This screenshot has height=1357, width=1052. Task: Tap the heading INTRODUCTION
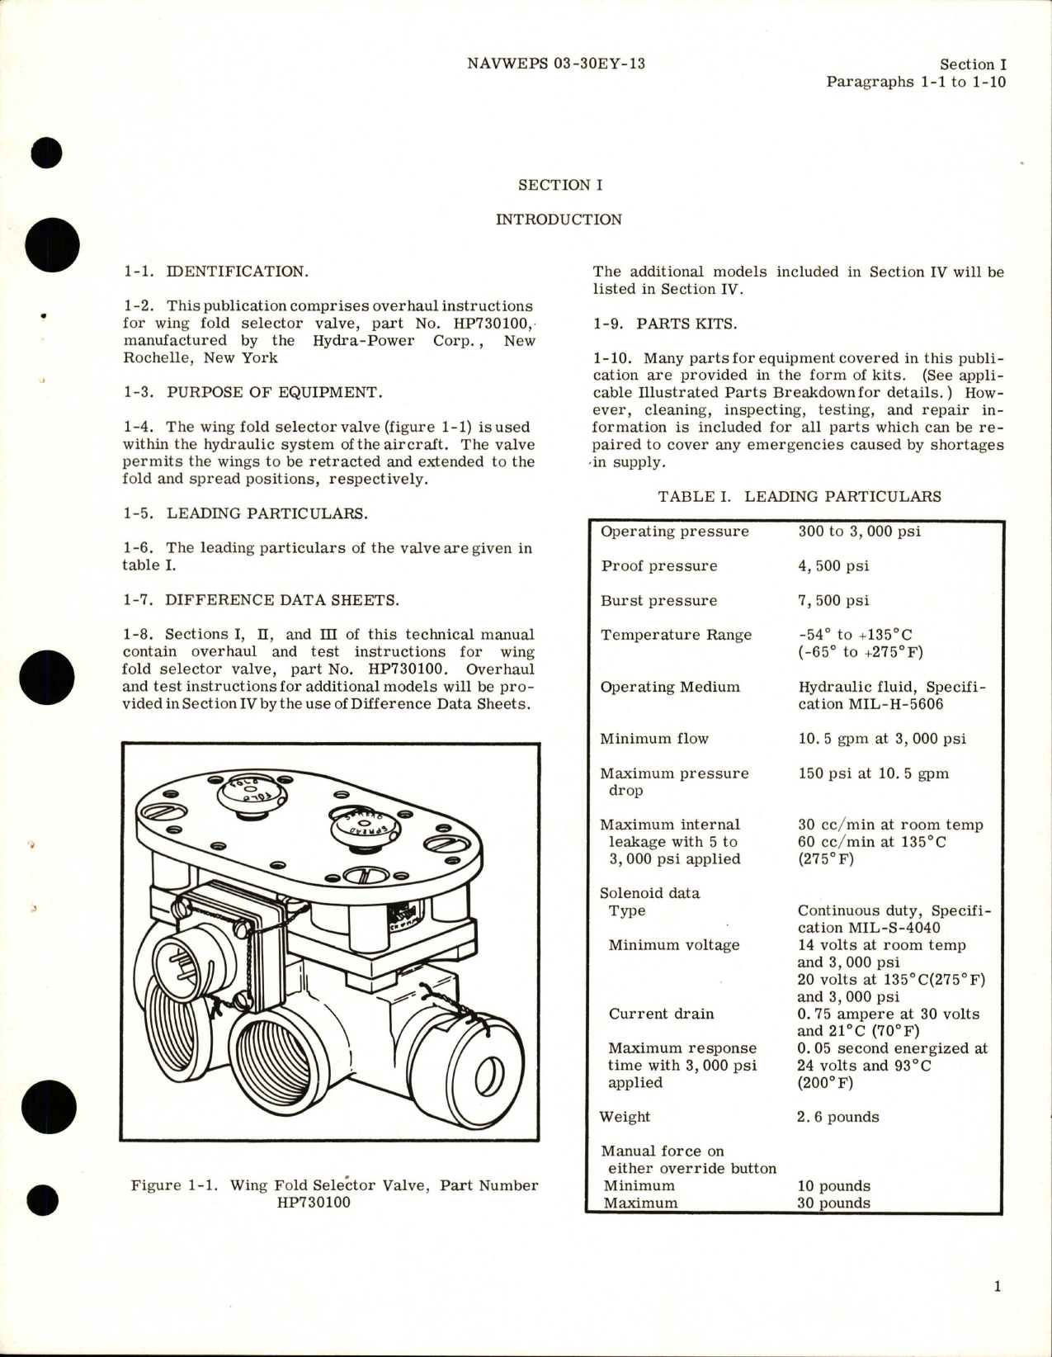tap(559, 220)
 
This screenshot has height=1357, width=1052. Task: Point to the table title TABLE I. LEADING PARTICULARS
tap(799, 496)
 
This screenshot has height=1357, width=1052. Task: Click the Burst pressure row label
tap(658, 601)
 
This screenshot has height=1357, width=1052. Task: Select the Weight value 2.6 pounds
tap(838, 1117)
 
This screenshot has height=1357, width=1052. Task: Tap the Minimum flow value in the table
tap(881, 739)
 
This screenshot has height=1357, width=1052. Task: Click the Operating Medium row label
tap(670, 687)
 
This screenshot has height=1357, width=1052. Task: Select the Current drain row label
tap(661, 1014)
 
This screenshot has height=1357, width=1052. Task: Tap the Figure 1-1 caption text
tap(334, 1194)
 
